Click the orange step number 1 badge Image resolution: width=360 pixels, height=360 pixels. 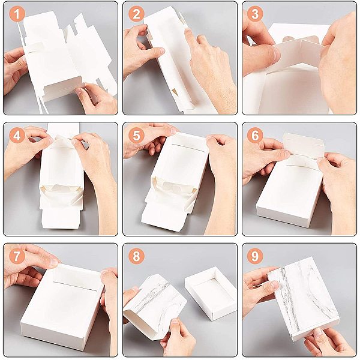(17, 14)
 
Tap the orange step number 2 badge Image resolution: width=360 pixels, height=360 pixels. (136, 14)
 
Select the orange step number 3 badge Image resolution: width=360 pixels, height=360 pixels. (255, 14)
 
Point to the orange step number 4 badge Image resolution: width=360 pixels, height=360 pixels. (17, 136)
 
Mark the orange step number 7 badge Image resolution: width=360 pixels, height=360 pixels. (17, 256)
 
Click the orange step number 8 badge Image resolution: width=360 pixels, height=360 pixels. (136, 256)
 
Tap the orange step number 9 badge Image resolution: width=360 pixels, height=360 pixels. (255, 256)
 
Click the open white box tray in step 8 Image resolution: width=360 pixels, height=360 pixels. (211, 293)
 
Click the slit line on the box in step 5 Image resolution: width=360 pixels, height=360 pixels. (187, 148)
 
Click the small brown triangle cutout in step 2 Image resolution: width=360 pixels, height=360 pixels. (175, 92)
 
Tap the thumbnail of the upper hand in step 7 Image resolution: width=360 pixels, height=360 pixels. (53, 262)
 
